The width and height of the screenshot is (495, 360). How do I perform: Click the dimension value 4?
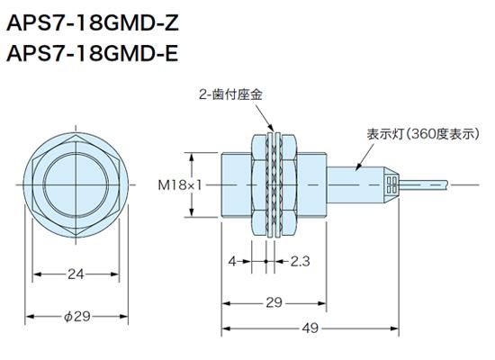point(231,262)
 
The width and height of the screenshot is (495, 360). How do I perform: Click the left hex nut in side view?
point(262,184)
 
